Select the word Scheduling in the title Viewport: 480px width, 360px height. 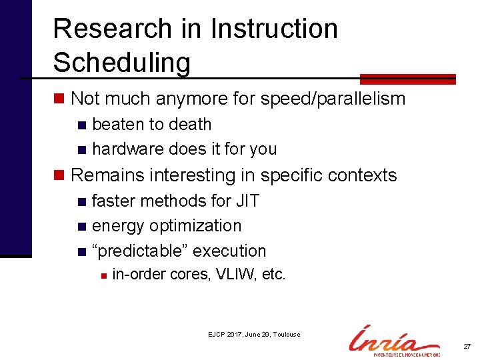[121, 63]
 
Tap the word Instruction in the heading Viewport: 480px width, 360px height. [274, 29]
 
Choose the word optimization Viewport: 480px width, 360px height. [195, 226]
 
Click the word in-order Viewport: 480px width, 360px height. [138, 274]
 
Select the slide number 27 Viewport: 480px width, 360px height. [467, 347]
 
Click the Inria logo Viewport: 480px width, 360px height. [394, 341]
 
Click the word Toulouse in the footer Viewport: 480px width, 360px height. [286, 335]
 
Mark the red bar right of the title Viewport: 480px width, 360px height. [407, 79]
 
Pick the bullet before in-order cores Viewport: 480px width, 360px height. [101, 275]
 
